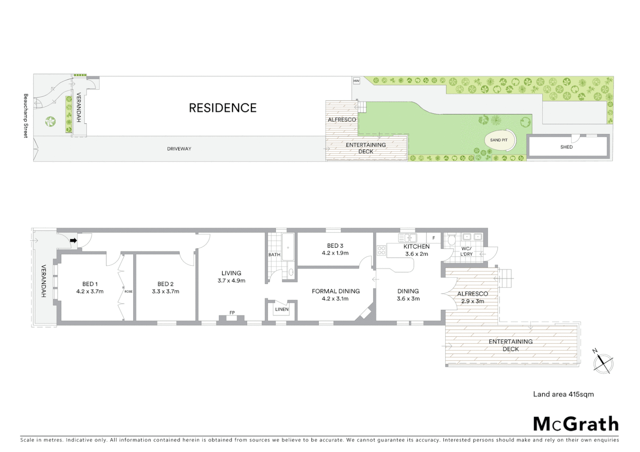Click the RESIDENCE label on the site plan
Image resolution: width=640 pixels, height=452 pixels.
click(x=222, y=108)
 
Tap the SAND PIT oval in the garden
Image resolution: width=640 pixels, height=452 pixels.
click(x=499, y=140)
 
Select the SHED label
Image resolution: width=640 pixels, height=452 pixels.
click(x=566, y=147)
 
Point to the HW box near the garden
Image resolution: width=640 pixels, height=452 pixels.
click(x=356, y=81)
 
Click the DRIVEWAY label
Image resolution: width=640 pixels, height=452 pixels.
click(x=179, y=149)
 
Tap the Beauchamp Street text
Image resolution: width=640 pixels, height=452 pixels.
click(x=26, y=116)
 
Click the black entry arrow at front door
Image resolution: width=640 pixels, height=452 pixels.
click(x=73, y=241)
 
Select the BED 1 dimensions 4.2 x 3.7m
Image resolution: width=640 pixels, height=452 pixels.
click(x=90, y=291)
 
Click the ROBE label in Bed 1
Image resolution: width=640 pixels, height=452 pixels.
click(x=128, y=291)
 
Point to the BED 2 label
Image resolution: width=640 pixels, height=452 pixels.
click(x=165, y=284)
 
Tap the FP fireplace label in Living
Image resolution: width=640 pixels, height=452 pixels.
click(x=232, y=313)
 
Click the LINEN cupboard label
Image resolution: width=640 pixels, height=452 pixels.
click(x=281, y=309)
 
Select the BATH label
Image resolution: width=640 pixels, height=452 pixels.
click(x=274, y=254)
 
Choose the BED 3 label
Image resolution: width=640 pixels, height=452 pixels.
click(x=335, y=246)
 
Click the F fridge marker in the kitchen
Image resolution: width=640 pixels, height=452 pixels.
click(x=434, y=238)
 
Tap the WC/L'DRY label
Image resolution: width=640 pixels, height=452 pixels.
click(x=466, y=251)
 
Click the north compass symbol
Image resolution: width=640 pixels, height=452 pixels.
click(x=603, y=363)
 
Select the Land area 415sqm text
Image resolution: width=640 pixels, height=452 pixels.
click(x=563, y=394)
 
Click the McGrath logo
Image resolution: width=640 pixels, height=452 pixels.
click(x=575, y=424)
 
